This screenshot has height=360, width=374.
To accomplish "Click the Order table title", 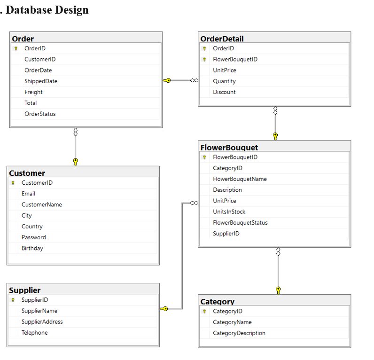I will click(23, 39).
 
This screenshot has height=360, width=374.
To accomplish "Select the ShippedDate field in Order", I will click(41, 81).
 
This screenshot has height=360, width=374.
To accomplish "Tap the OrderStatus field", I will click(40, 114).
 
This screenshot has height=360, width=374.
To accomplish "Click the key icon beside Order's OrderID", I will click(16, 48).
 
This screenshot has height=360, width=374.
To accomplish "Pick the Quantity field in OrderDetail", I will click(224, 81).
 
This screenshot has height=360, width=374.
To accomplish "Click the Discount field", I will click(224, 92).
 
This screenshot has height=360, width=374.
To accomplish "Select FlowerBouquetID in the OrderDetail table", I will click(235, 59).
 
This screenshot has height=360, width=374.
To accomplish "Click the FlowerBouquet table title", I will click(229, 148).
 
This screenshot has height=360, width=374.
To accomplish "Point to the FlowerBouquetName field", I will click(240, 179).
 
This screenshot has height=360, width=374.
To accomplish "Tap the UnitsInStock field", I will click(229, 212).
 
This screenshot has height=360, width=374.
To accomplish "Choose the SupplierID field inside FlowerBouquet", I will click(226, 234).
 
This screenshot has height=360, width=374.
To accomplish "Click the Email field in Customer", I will click(28, 194).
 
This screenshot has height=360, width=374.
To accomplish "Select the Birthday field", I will click(32, 248).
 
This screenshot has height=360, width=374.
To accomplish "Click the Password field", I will click(33, 237).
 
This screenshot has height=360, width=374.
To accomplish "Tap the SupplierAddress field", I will click(42, 322).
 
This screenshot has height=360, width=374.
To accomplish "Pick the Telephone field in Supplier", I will click(34, 333).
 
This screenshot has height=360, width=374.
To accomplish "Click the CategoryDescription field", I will click(239, 333).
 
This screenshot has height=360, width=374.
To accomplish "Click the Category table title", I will click(217, 302).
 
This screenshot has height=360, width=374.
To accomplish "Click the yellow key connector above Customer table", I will click(75, 162).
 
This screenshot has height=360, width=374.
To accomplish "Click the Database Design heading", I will click(47, 9).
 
